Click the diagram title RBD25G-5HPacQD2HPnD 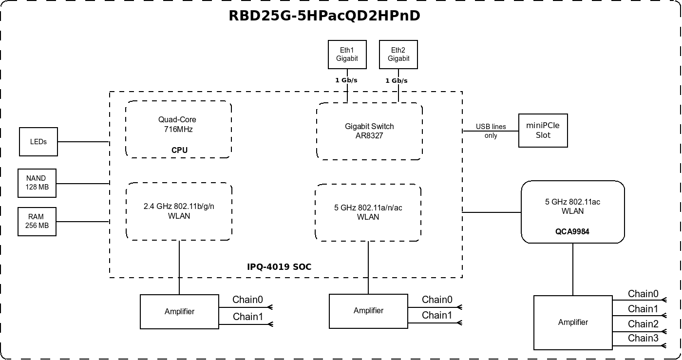324,16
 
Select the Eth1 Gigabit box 347,55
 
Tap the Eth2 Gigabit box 398,55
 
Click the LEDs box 38,142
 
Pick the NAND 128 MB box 37,183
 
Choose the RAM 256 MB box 37,222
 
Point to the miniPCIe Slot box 543,131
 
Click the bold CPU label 179,150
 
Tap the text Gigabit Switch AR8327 369,131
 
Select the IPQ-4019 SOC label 279,267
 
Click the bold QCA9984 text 572,232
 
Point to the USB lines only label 491,131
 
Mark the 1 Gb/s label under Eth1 346,80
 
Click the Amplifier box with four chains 573,322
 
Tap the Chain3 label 643,338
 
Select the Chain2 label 643,324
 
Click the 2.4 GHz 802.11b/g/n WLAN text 179,211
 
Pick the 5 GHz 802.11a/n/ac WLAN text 368,212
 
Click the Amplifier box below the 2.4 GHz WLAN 179,312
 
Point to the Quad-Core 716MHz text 177,124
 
